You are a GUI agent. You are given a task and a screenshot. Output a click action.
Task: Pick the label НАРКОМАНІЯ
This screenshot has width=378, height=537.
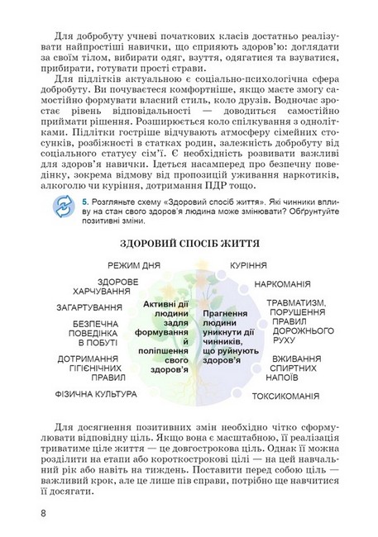[286, 283]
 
